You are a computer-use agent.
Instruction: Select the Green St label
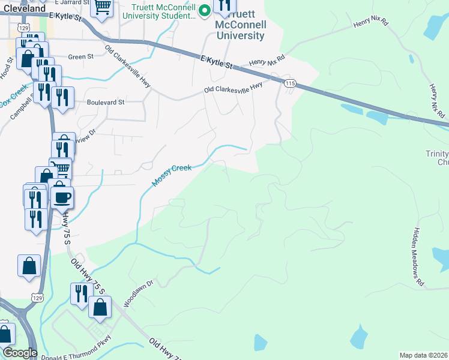[x=81, y=57]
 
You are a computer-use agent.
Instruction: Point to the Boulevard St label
[x=105, y=102]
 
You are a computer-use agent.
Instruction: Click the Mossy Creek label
[x=172, y=175]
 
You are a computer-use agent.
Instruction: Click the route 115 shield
[x=291, y=83]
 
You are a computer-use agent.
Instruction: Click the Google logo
[x=20, y=353]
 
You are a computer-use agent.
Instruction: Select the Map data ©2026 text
[x=424, y=355]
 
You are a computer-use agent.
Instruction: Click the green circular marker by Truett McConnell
[x=204, y=10]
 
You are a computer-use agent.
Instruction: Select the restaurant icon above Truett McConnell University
[x=224, y=6]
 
